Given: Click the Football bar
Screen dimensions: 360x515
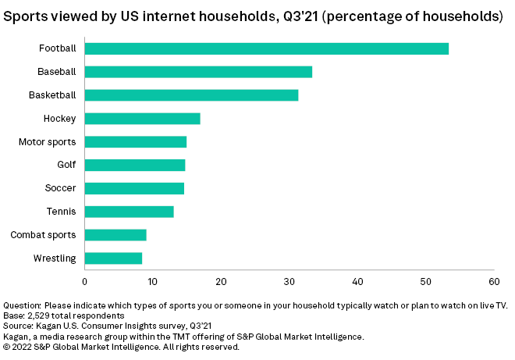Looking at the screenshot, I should [266, 48].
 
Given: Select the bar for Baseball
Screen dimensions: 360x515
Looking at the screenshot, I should [198, 72].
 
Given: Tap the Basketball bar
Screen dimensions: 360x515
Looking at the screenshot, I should [191, 95].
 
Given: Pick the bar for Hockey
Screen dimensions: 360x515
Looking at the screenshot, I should [142, 119].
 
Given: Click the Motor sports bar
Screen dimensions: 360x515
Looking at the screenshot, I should [135, 142].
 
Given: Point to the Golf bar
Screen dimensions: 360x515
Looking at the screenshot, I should [134, 165].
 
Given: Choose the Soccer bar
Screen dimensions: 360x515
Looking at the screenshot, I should [134, 188].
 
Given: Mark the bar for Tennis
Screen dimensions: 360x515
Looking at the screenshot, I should [129, 212].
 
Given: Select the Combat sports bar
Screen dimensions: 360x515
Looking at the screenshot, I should [115, 235].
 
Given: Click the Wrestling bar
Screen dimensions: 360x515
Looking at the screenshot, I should [113, 258].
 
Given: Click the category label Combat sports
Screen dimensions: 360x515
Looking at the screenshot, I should [44, 235].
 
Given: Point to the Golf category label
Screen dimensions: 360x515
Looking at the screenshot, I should [66, 165].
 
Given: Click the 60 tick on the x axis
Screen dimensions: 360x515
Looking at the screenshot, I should [493, 280].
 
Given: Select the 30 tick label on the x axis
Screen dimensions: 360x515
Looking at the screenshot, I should [289, 280].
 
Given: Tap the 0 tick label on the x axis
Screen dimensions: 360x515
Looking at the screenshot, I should [84, 280].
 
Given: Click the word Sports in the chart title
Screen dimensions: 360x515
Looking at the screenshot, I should [27, 16].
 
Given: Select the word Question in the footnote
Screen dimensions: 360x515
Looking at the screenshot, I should [23, 305].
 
